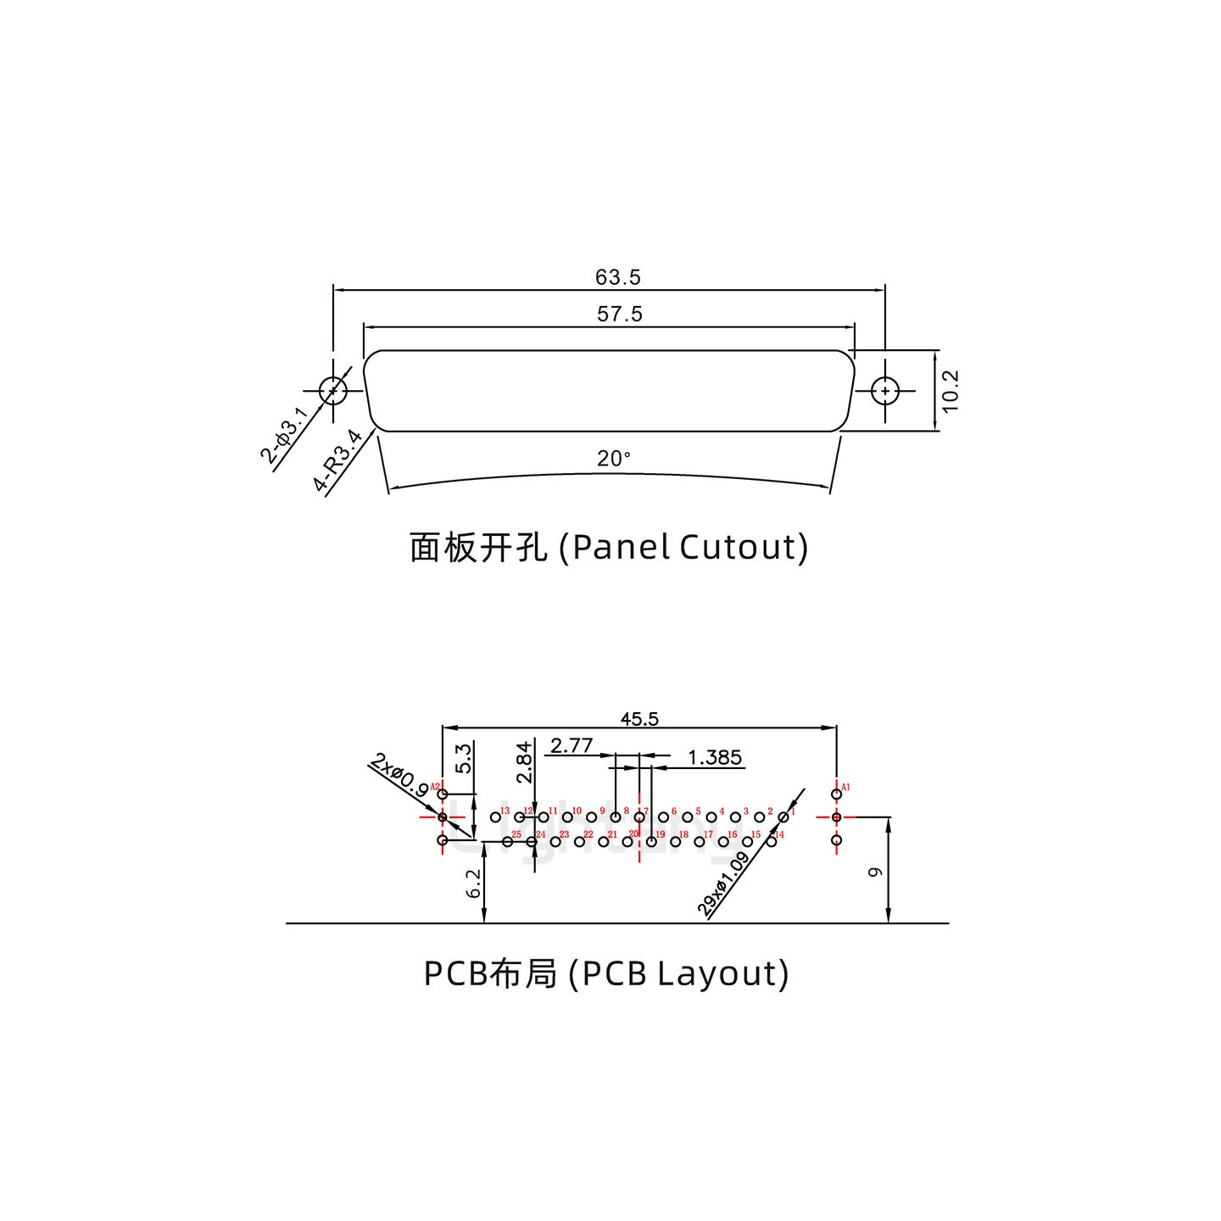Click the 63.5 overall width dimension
[x=617, y=277]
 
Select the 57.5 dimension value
[x=620, y=315]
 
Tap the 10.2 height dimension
[x=950, y=391]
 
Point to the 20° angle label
[x=614, y=459]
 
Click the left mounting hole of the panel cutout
[x=333, y=391]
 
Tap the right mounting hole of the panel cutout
[x=885, y=391]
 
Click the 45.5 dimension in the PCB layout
[x=639, y=719]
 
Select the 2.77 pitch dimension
[x=571, y=746]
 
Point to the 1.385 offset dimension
[x=715, y=757]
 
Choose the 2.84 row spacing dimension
[x=524, y=761]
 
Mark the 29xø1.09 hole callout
[x=724, y=884]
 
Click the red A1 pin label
[x=845, y=788]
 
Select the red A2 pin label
[x=434, y=787]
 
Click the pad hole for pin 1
[x=783, y=817]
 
